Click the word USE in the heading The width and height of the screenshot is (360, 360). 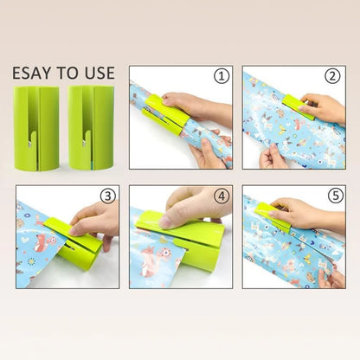[100, 72]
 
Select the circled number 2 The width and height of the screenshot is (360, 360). [332, 77]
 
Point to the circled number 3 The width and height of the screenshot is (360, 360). [107, 196]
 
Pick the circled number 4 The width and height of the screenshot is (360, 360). [221, 196]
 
